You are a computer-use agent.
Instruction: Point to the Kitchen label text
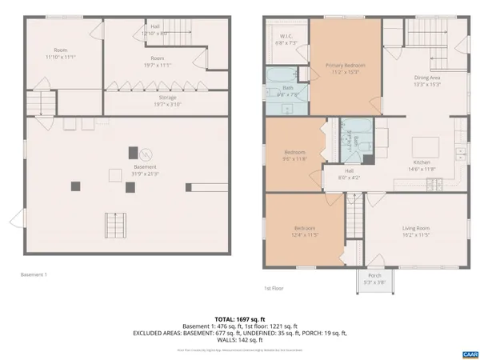pos(421,166)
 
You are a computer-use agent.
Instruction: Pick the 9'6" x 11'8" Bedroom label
pos(294,155)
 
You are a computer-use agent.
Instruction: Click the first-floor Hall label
pos(350,174)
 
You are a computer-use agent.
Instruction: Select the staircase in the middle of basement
pos(116,226)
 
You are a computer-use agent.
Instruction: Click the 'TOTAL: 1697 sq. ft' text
pos(239,317)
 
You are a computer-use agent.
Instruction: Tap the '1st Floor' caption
pos(274,288)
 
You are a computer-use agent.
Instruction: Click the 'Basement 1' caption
pos(34,274)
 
